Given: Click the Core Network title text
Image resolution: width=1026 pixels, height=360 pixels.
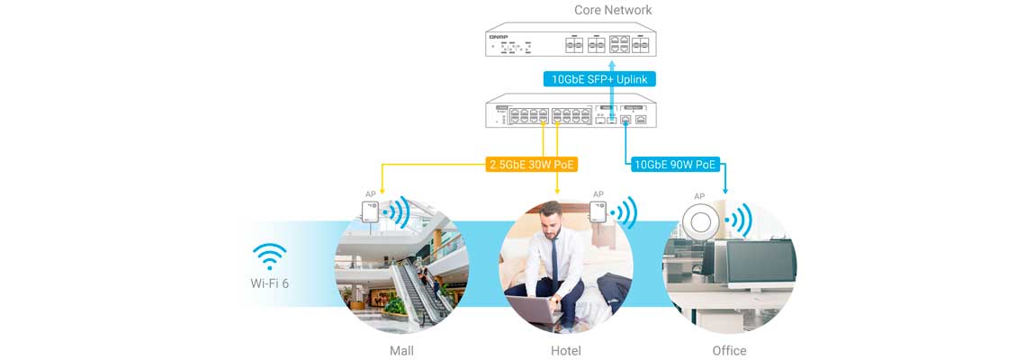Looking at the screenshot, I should coord(613,10).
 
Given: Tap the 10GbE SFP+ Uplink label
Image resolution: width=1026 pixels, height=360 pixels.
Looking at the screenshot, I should coord(599,79).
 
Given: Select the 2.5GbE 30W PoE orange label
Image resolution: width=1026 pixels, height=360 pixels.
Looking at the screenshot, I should coord(532,165).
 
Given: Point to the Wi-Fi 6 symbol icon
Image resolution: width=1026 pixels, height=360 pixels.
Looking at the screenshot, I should coord(269,256).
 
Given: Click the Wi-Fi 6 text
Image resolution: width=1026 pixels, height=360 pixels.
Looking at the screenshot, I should coord(270,284).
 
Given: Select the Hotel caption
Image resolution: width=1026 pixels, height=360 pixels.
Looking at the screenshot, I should coord(565,350).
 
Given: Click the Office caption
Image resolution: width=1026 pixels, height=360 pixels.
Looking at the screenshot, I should coord(729,350).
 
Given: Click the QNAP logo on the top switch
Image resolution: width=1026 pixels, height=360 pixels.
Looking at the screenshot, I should coord(497,35).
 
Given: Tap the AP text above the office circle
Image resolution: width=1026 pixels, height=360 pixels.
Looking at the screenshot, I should coord(699,196).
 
